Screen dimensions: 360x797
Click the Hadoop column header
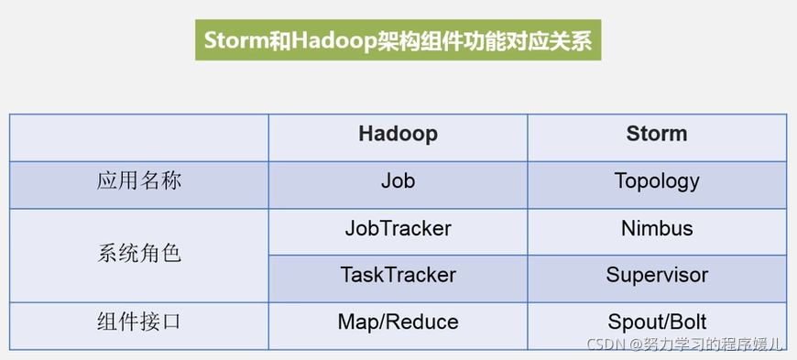coord(398,134)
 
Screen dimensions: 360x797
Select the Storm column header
coord(656,134)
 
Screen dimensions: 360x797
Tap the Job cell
coord(398,180)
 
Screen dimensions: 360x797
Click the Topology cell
coord(656,180)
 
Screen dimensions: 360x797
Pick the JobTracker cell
coord(398,228)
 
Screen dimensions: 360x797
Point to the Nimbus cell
coord(656,228)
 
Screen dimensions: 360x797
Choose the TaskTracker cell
coord(398,275)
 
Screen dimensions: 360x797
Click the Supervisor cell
coord(656,275)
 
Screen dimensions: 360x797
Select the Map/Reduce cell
coord(398,322)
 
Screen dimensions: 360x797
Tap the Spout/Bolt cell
coord(656,322)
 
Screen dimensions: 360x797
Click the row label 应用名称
coord(139,180)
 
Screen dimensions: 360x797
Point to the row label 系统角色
coord(139,252)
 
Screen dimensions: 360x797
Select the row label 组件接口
coord(139,322)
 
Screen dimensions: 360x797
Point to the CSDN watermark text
coord(606,345)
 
